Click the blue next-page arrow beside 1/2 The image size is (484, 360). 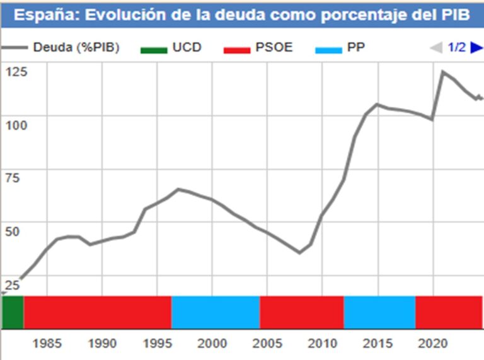(x=476, y=47)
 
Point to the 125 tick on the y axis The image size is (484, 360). (x=17, y=72)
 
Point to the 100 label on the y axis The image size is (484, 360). (x=17, y=125)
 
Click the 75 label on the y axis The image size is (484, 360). (x=13, y=178)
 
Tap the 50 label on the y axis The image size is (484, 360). (x=13, y=231)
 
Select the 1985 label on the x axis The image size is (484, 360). (x=47, y=344)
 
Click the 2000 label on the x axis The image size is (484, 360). (x=212, y=344)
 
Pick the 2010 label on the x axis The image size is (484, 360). (x=322, y=344)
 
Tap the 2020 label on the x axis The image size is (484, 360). (x=432, y=344)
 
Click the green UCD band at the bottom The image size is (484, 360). (x=13, y=312)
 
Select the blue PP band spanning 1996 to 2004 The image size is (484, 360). (x=216, y=312)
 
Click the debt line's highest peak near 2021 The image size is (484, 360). (x=443, y=72)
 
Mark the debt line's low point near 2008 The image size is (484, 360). (x=299, y=252)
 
